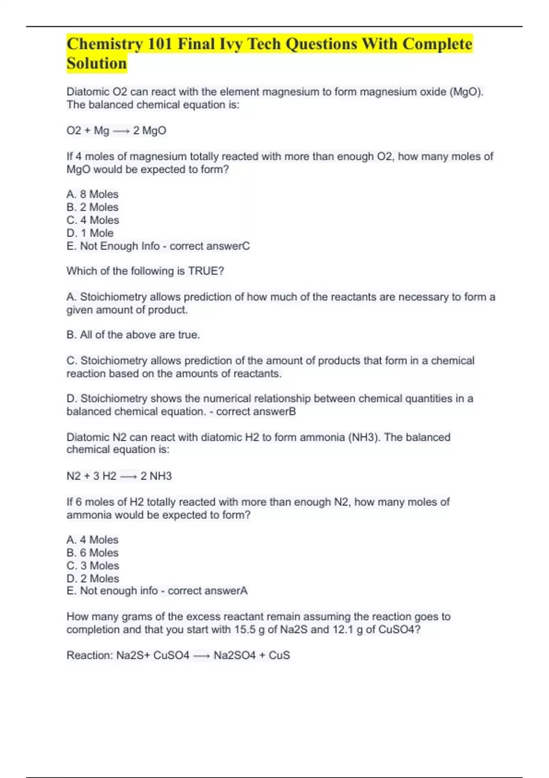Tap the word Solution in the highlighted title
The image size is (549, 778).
click(97, 64)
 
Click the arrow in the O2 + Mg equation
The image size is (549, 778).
click(121, 131)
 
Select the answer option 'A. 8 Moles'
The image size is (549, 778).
click(92, 194)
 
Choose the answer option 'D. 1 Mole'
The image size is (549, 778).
click(90, 233)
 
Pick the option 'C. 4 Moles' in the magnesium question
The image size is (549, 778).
click(93, 220)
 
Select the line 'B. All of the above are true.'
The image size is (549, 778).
click(133, 335)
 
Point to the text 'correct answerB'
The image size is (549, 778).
click(256, 411)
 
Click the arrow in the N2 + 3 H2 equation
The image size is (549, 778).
click(129, 476)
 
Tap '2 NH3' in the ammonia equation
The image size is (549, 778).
click(156, 476)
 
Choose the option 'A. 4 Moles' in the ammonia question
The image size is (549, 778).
click(92, 540)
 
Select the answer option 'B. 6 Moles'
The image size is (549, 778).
click(92, 552)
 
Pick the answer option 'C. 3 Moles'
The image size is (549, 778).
click(93, 566)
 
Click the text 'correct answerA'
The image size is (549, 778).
click(208, 591)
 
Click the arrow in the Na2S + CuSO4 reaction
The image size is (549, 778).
click(201, 656)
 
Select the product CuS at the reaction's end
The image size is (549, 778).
click(279, 655)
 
